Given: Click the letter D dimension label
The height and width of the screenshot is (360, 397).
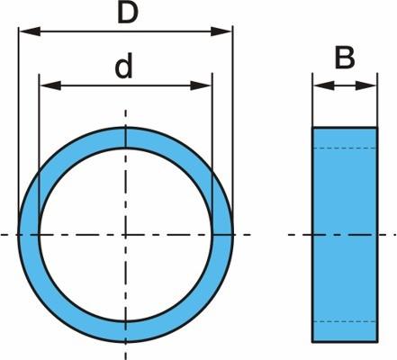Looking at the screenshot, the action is tap(128, 13).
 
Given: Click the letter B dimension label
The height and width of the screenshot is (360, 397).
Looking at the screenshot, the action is tap(345, 58).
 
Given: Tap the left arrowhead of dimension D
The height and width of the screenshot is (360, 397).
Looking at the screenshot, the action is tap(30, 31).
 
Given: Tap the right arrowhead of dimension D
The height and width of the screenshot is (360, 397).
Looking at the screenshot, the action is tap(221, 31).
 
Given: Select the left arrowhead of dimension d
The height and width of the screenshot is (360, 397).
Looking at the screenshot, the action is tap(50, 85).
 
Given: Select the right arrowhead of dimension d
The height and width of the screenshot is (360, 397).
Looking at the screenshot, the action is tap(201, 85).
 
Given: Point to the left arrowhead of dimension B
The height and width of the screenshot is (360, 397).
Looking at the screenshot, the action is tap(324, 85).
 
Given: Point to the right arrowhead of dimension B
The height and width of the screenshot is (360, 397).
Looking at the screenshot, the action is tap(365, 85).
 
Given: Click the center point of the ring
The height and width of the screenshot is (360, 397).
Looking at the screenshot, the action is tap(126, 235).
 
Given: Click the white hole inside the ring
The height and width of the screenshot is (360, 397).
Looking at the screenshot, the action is tap(126, 235).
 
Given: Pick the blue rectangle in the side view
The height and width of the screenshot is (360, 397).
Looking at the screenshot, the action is tap(345, 235).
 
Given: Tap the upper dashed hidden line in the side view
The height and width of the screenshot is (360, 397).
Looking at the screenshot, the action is tap(345, 148).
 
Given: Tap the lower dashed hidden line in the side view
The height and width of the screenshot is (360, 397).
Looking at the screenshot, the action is tap(345, 321).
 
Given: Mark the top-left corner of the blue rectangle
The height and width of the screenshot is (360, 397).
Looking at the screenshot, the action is tap(312, 128).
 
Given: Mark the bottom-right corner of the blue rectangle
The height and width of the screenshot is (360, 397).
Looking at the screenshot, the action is tap(377, 342).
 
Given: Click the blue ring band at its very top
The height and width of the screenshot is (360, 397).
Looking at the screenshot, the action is tap(126, 138).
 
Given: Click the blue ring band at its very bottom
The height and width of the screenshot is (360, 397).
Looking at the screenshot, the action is tap(126, 332).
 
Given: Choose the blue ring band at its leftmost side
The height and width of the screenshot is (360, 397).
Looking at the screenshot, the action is tap(29, 235).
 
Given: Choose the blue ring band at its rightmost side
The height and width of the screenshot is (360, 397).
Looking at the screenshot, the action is tap(223, 235).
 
